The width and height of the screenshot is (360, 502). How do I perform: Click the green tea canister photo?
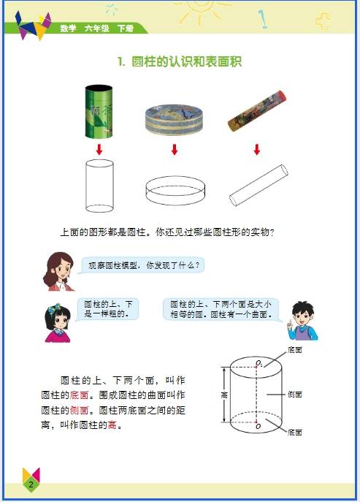click(x=99, y=111)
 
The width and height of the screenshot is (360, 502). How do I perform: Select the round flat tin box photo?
click(x=174, y=119)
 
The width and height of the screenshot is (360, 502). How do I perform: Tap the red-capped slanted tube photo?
click(x=256, y=111)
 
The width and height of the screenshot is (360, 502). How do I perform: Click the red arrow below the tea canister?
click(x=99, y=149)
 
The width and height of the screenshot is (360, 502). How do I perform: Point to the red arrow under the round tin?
click(x=175, y=149)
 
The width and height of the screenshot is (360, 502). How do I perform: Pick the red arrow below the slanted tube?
click(x=256, y=149)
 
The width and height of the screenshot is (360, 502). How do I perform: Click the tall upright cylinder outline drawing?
click(x=99, y=186)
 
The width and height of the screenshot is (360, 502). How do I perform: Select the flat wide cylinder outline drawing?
click(x=175, y=191)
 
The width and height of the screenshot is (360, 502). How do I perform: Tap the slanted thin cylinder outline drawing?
click(x=258, y=186)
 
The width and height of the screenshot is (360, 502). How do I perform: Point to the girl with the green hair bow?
click(x=58, y=323)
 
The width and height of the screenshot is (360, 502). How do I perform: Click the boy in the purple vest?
click(x=302, y=321)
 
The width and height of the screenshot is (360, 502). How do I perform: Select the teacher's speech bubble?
click(x=142, y=265)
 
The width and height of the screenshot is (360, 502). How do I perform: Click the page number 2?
click(x=31, y=484)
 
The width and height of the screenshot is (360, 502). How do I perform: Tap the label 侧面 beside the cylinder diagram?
click(x=295, y=395)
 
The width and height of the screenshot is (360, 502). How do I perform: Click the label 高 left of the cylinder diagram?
click(x=224, y=395)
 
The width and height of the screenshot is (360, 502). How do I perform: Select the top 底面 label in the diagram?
click(x=295, y=350)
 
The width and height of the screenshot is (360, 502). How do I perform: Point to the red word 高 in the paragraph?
click(x=112, y=425)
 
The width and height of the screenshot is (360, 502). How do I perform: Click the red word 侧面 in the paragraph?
click(x=79, y=410)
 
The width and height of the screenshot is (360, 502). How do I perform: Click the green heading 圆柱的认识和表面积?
click(x=186, y=61)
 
